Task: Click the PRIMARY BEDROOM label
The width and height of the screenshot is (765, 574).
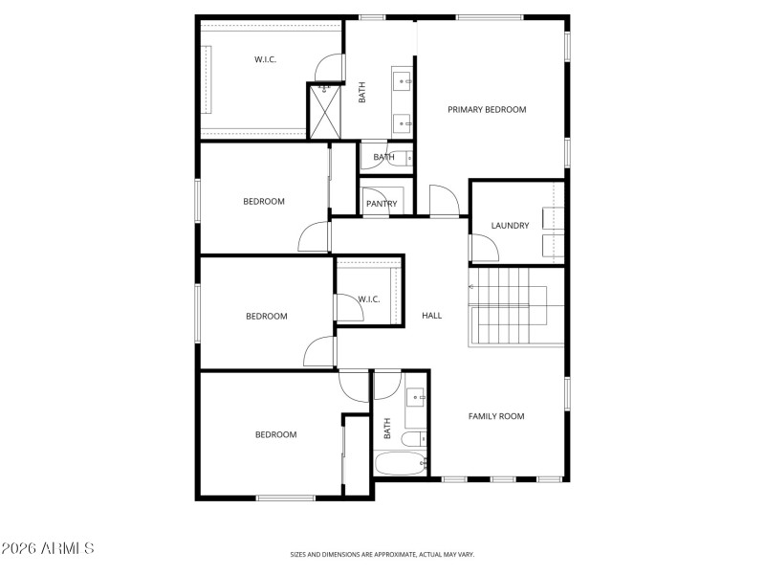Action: point(487,110)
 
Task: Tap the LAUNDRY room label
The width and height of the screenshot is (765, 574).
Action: point(510,226)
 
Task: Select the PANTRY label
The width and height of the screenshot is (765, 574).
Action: point(382,204)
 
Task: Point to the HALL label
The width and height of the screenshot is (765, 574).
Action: point(432,315)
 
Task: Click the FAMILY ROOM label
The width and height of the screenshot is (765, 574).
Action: point(495,416)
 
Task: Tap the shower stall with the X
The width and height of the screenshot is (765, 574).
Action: point(325,113)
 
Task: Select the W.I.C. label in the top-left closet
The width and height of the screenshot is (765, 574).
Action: point(266,60)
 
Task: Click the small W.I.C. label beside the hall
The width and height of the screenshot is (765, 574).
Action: point(369,299)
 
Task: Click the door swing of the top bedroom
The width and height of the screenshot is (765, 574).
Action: point(315,236)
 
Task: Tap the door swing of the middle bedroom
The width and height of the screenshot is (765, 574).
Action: point(319,352)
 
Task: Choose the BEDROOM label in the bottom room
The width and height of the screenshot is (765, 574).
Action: point(275,435)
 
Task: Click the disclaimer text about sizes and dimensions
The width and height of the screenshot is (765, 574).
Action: point(382,554)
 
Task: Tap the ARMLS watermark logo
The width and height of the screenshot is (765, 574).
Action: point(47,548)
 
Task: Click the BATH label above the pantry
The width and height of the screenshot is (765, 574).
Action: point(383,157)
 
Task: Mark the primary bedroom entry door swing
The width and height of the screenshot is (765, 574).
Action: point(444,201)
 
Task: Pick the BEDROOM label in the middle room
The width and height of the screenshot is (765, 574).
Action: point(266,317)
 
